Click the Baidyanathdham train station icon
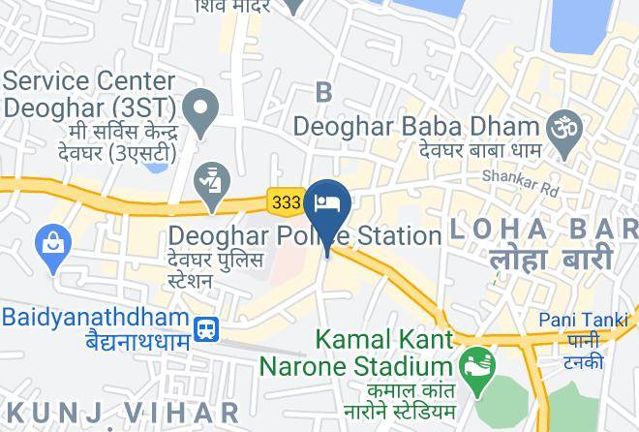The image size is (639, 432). pyautogui.click(x=205, y=329)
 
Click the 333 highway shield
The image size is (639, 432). pyautogui.click(x=287, y=201)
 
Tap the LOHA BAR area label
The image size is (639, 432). pyautogui.click(x=542, y=231)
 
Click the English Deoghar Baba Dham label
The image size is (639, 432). pyautogui.click(x=415, y=126)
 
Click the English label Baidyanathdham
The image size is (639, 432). pyautogui.click(x=94, y=317)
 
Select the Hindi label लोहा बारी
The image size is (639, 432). pyautogui.click(x=550, y=260)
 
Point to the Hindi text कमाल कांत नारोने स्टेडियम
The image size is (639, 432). pyautogui.click(x=368, y=394)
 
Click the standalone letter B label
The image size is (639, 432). pyautogui.click(x=323, y=92)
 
